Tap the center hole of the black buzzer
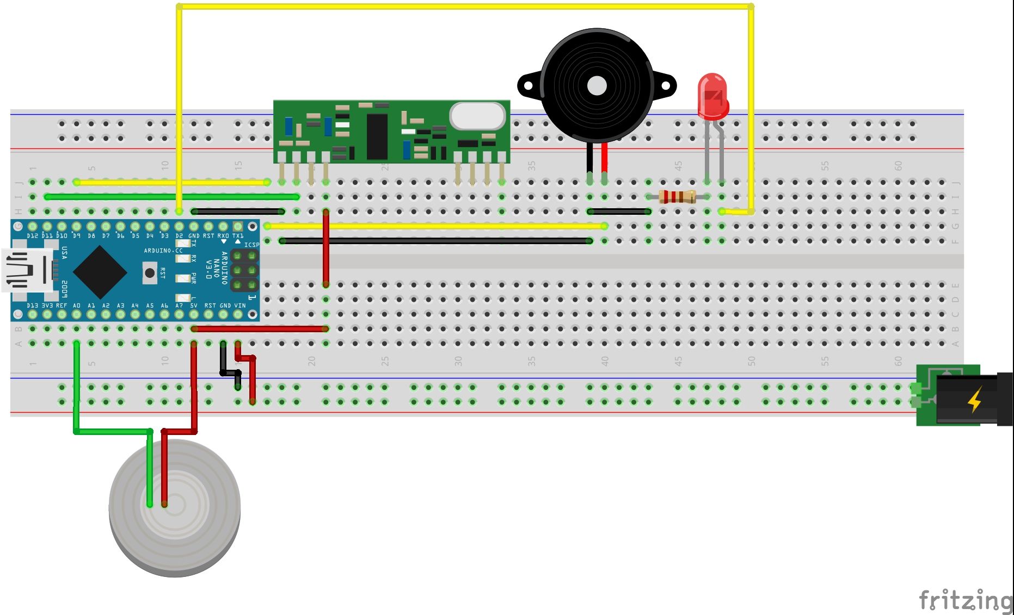click(597, 85)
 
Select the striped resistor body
click(677, 196)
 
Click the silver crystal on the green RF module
click(477, 116)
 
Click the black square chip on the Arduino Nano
click(100, 272)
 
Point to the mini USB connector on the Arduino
click(27, 270)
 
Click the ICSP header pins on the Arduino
click(244, 270)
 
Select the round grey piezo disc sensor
click(174, 508)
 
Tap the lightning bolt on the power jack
click(974, 400)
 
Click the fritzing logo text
click(964, 600)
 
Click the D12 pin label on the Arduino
click(32, 236)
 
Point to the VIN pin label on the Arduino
click(239, 306)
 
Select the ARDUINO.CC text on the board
click(163, 251)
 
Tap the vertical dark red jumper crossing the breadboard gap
click(325, 247)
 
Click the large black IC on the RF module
click(377, 136)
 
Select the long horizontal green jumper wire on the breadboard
click(172, 196)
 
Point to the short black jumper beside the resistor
click(619, 212)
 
